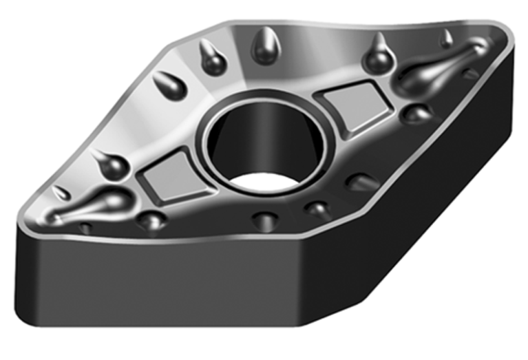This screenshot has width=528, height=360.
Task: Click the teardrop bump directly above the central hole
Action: click(264, 48)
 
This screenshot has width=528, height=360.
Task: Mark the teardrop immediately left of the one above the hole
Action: click(210, 58)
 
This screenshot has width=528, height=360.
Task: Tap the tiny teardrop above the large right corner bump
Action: click(447, 38)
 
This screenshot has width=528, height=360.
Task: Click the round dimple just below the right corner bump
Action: click(415, 113)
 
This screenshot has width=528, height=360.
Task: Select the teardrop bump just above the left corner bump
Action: click(109, 163)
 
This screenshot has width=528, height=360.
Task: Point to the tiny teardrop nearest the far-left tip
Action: click(62, 193)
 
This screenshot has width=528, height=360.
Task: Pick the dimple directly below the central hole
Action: click(264, 220)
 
